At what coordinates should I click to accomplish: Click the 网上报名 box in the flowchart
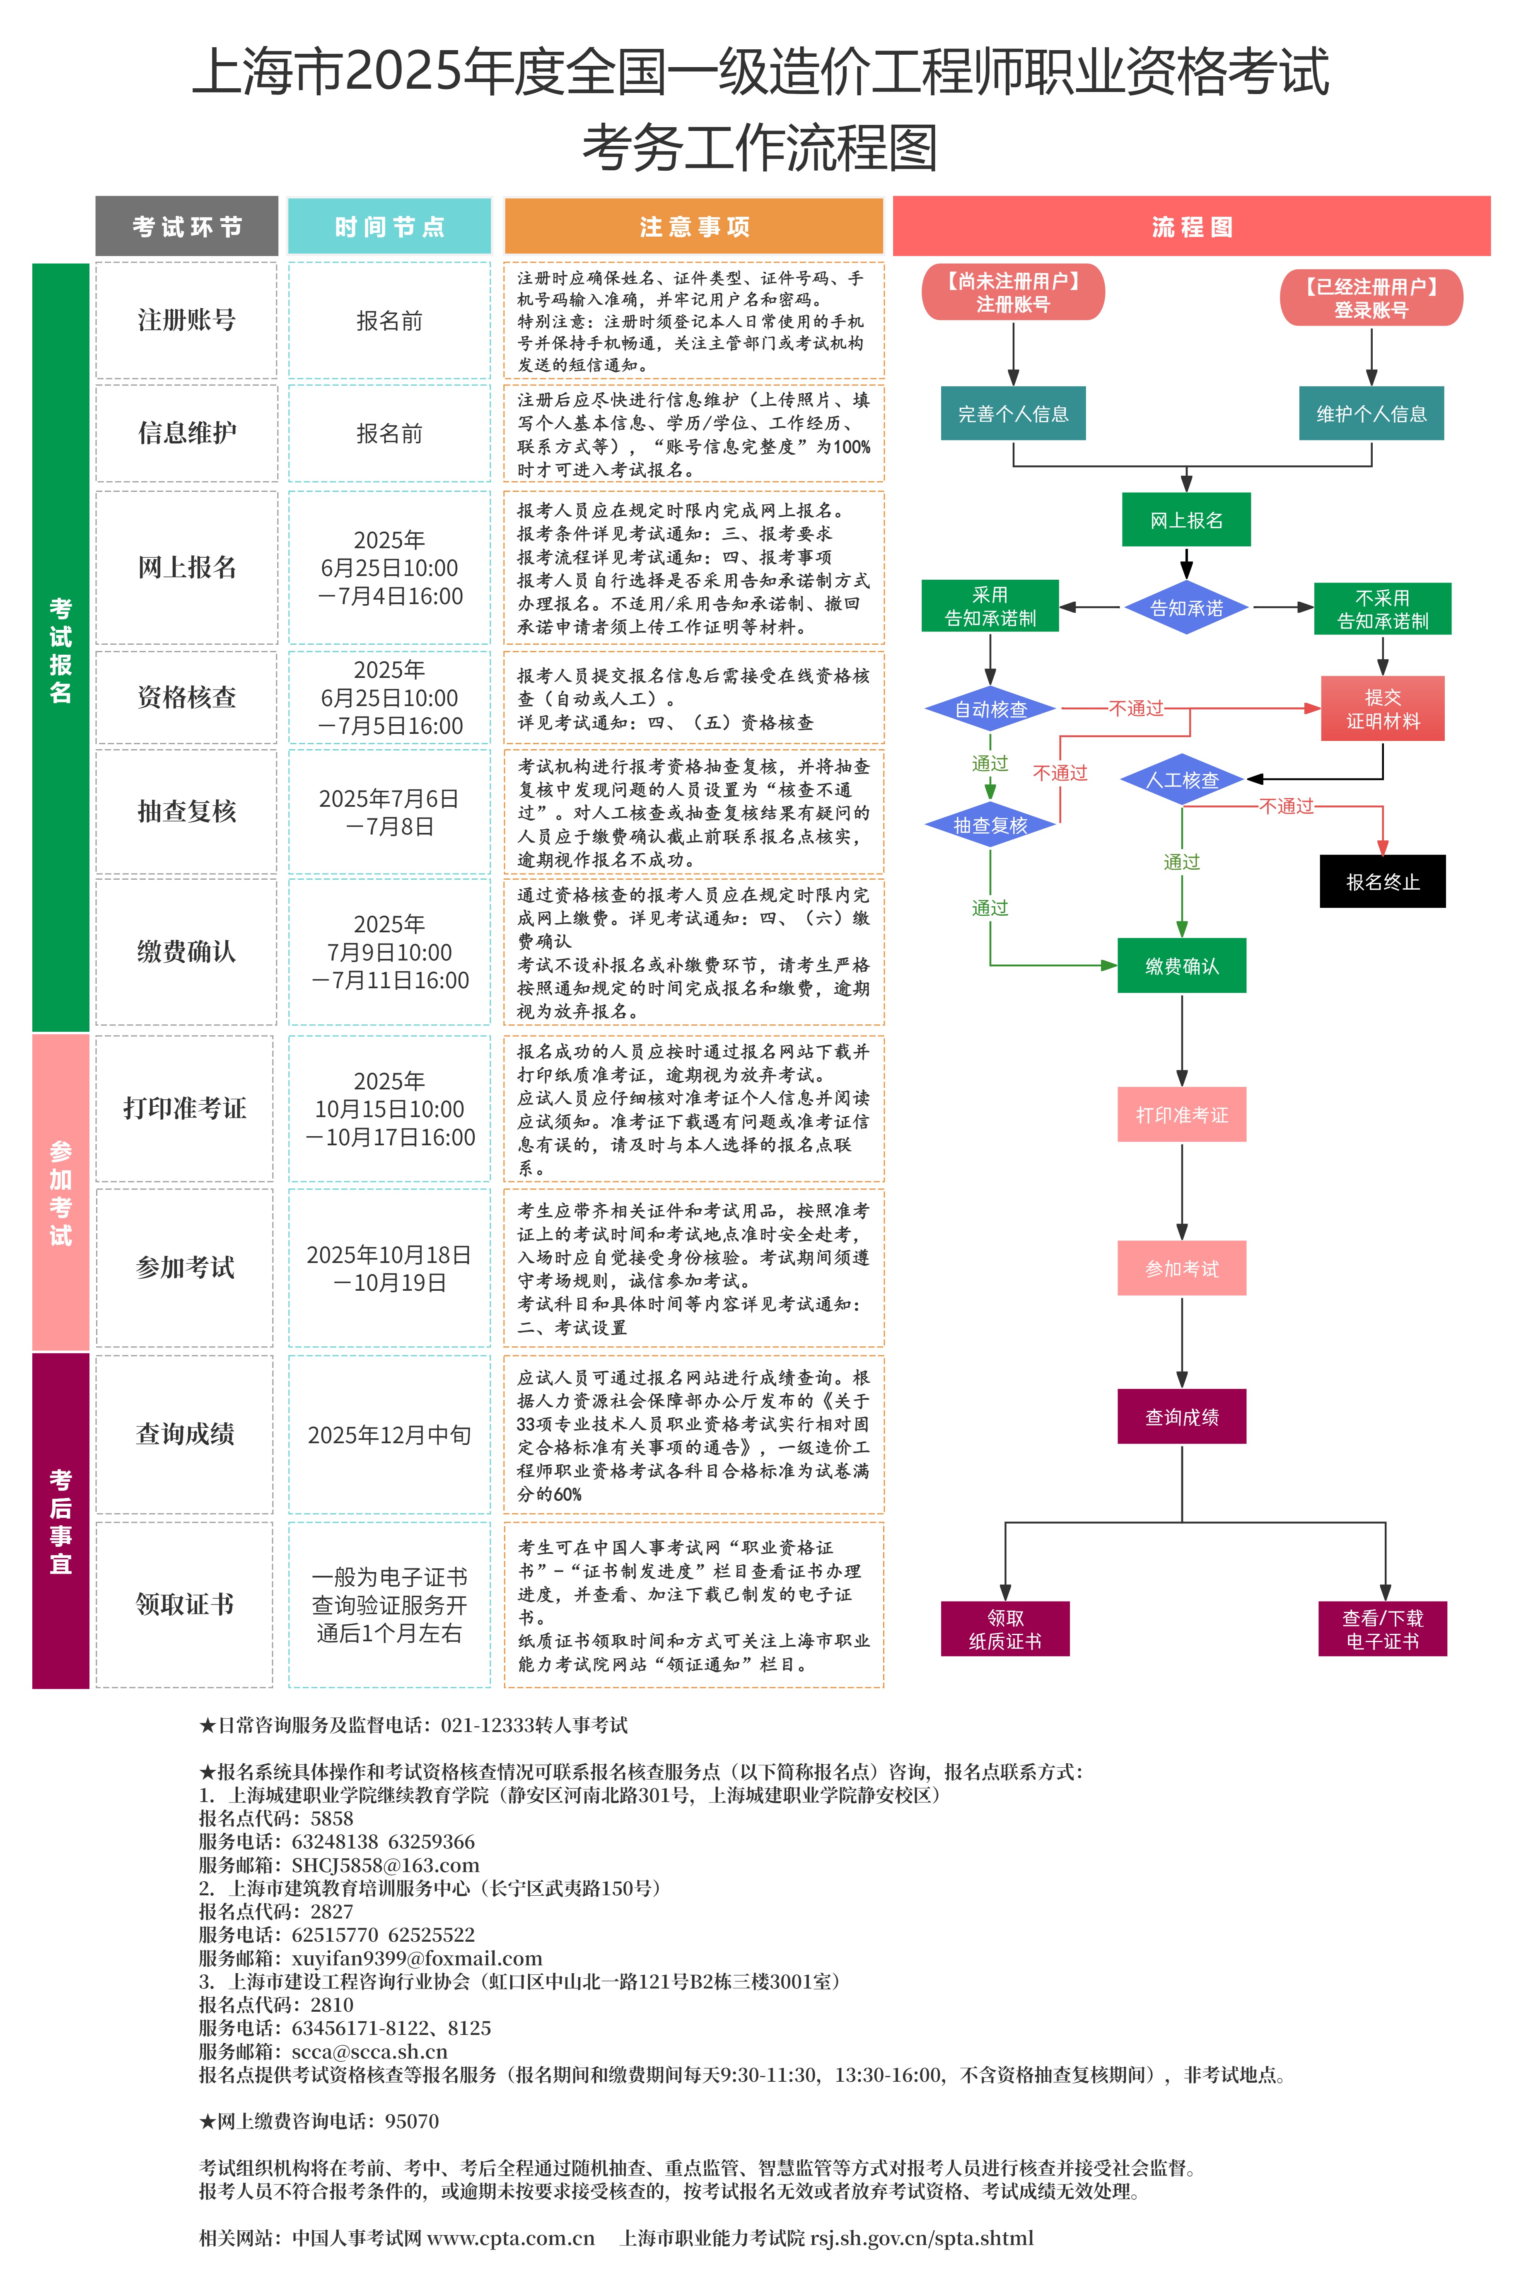(1185, 520)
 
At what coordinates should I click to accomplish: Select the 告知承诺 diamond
(1185, 608)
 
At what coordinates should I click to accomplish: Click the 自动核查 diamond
(990, 709)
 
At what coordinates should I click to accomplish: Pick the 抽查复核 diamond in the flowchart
(990, 826)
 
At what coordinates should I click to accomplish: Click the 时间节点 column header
(389, 227)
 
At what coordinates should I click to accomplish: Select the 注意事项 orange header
(693, 227)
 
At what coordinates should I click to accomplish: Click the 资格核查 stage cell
(186, 697)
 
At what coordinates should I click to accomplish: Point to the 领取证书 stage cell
(184, 1604)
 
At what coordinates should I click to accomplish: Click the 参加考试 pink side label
(60, 1193)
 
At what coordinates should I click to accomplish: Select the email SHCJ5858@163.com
(385, 1865)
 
